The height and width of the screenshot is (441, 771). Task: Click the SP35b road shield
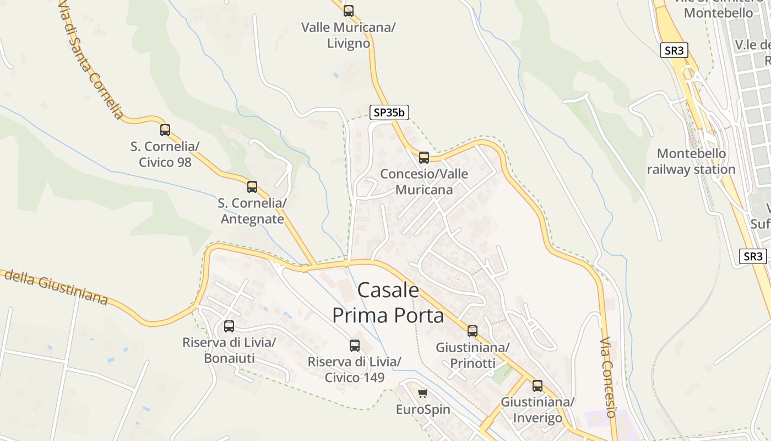click(x=389, y=112)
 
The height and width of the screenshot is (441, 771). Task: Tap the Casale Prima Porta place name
click(x=388, y=303)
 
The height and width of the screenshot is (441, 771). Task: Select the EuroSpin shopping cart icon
click(x=422, y=393)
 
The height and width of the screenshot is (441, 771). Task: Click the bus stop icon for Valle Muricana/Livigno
click(x=348, y=10)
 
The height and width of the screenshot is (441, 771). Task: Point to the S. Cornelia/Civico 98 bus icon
click(x=165, y=130)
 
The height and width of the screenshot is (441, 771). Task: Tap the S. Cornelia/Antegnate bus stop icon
click(x=252, y=187)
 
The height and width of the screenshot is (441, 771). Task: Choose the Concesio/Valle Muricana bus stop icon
click(x=423, y=158)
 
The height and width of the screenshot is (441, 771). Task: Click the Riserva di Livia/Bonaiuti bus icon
click(x=229, y=326)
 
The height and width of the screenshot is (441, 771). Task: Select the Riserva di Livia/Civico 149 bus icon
click(x=355, y=346)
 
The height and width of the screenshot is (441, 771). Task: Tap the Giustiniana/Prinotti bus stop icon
click(x=472, y=331)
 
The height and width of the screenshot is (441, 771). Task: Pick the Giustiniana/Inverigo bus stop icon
click(x=537, y=386)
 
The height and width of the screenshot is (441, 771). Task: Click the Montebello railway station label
click(x=691, y=162)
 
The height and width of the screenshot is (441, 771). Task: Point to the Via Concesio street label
click(x=607, y=377)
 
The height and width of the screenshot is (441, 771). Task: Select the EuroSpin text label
click(x=423, y=410)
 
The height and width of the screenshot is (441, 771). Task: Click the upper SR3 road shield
click(x=674, y=51)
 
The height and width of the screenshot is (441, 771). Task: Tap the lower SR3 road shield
click(x=752, y=256)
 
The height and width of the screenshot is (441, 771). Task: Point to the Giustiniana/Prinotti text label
click(x=473, y=356)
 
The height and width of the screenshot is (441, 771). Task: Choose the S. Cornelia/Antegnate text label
click(x=252, y=211)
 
